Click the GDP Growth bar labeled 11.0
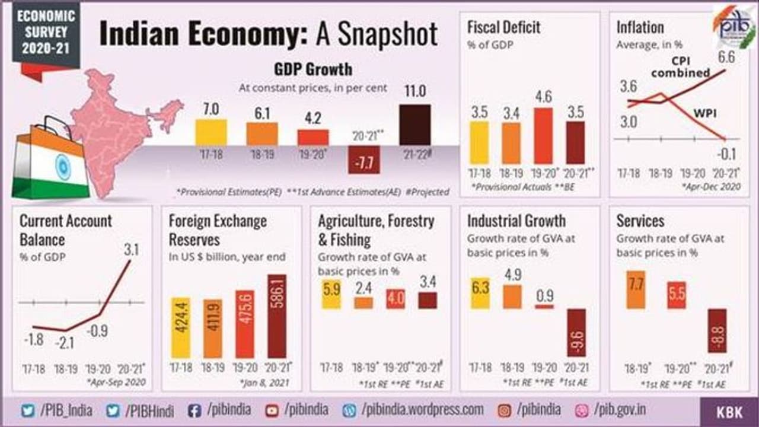414,125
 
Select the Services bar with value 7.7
636,289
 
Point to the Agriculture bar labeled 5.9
331,294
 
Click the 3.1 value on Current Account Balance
131,250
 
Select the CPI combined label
681,66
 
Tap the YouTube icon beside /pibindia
272,410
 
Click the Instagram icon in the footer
504,410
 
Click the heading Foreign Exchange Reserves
218,230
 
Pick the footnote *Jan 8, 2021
266,383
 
